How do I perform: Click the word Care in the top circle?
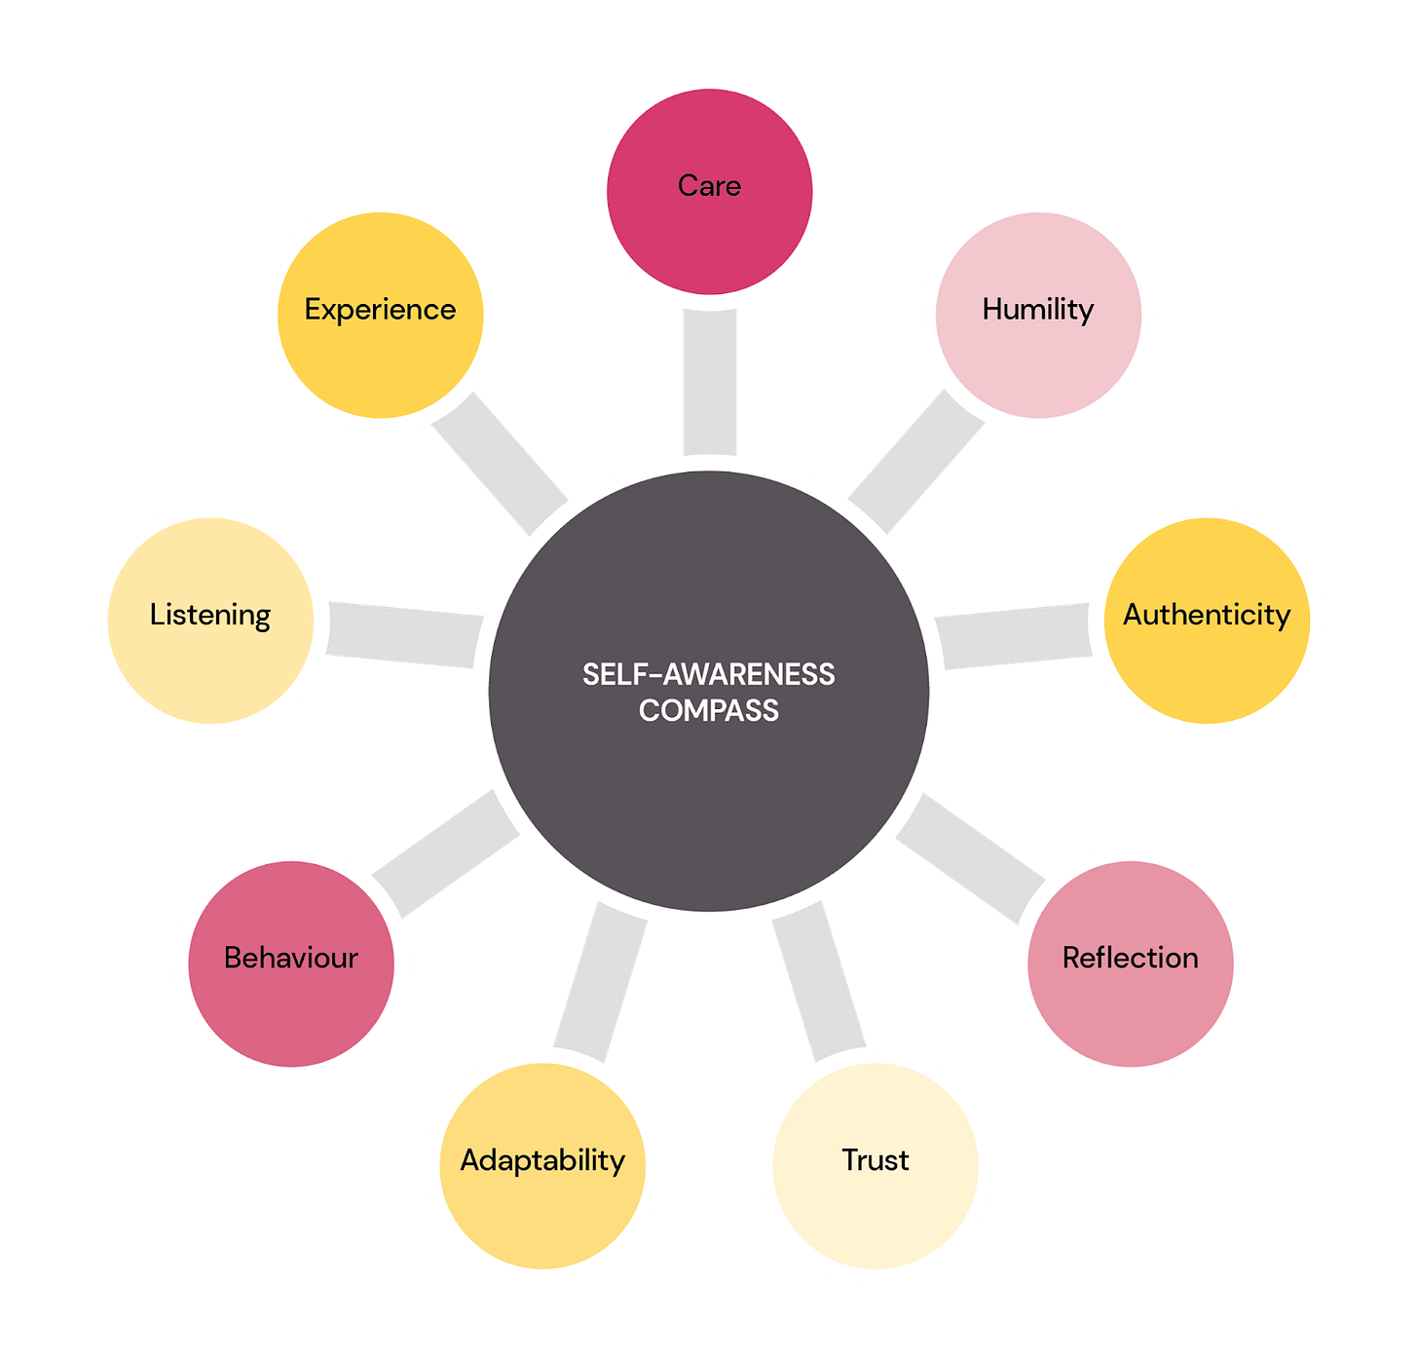click(709, 185)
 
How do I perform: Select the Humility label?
click(1037, 310)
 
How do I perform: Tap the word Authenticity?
click(1206, 615)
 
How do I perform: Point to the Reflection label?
click(1130, 958)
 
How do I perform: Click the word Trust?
click(875, 1159)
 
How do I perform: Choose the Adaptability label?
click(542, 1160)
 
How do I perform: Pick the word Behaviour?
click(290, 958)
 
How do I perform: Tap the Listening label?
click(210, 616)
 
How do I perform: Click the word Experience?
click(380, 310)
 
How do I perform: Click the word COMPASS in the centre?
click(709, 710)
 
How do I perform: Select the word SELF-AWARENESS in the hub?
click(709, 674)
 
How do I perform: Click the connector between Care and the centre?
click(709, 380)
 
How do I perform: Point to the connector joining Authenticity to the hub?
click(1013, 635)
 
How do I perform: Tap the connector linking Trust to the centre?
click(818, 979)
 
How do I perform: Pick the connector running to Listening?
click(404, 633)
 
